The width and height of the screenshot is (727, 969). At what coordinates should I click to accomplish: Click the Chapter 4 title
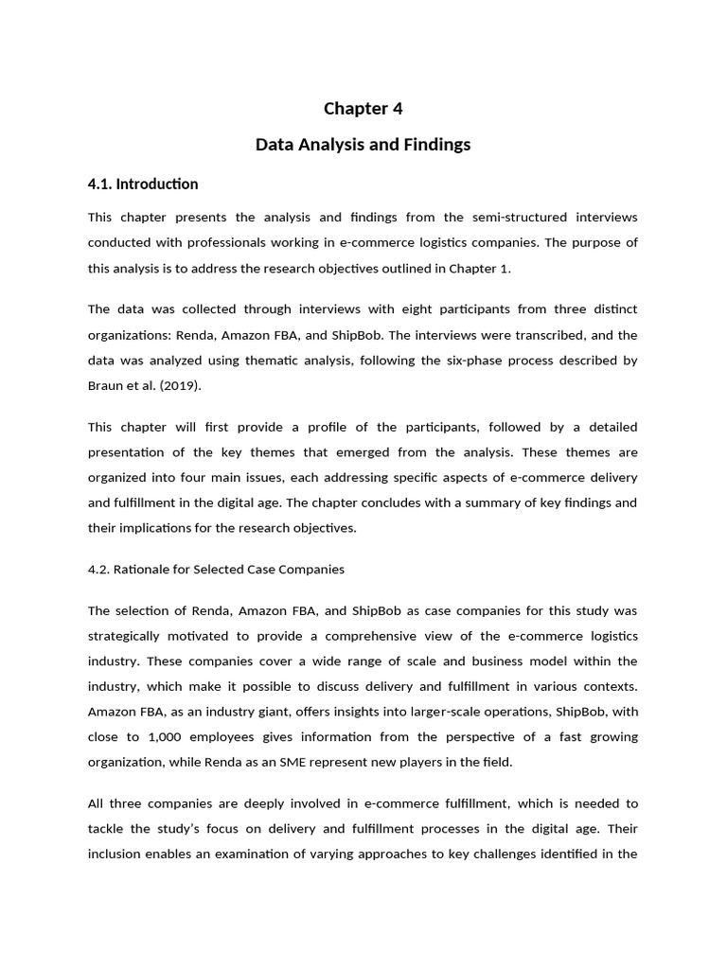click(363, 109)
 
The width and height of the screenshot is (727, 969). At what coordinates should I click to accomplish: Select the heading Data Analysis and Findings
click(363, 145)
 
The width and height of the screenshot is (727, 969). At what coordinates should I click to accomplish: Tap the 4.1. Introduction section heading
click(143, 184)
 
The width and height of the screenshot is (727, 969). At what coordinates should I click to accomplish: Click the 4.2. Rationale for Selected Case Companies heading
click(216, 570)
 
